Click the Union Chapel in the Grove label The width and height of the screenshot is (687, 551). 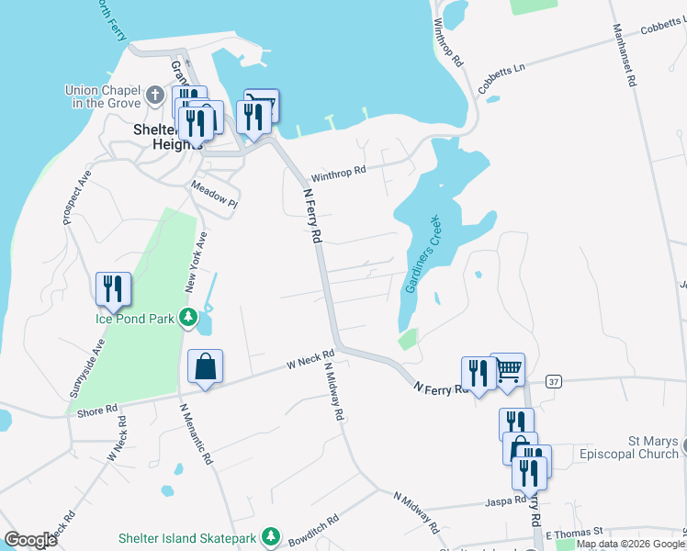point(101,96)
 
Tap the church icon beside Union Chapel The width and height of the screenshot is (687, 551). point(155,94)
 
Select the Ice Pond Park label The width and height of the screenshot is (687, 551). point(135,320)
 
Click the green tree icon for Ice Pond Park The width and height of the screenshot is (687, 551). point(188,319)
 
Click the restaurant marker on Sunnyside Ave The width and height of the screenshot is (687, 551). point(113,289)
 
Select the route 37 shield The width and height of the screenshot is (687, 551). point(553,380)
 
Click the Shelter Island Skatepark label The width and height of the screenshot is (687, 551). point(189,536)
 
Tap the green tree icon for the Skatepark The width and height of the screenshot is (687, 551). point(270,535)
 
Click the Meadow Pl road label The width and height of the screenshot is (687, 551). point(214,194)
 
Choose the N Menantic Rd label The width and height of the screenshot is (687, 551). point(196,433)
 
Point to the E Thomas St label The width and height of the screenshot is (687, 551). point(573,532)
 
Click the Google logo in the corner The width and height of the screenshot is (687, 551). point(31,540)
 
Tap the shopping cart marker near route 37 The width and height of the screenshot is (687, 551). point(508,370)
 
